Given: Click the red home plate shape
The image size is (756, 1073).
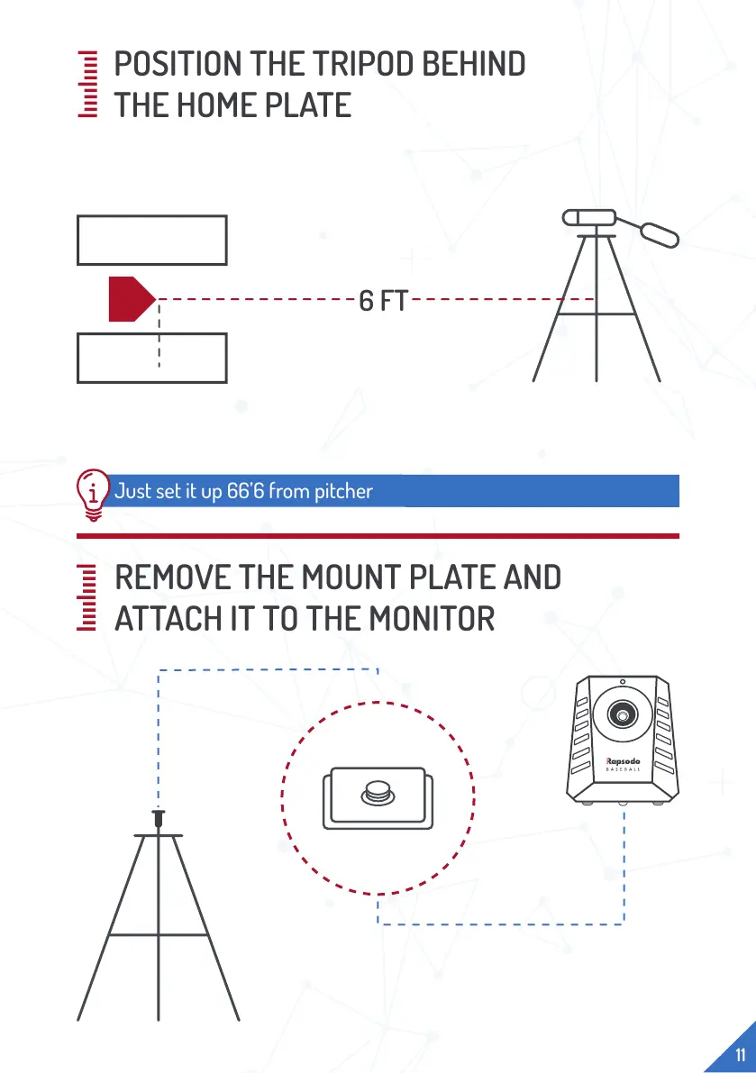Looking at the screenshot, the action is (x=130, y=299).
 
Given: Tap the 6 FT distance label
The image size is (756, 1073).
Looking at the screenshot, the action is (x=383, y=301).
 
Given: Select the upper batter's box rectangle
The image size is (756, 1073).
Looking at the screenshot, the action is (x=151, y=240).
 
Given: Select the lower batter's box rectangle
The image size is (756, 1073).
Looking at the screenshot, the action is (x=151, y=358).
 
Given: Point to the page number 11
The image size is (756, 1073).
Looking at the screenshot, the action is (x=740, y=1055).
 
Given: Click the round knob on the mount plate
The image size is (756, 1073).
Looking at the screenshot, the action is (x=378, y=793).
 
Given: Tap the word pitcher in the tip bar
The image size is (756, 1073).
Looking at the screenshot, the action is (x=345, y=492).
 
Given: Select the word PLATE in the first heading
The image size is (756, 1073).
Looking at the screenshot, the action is (x=305, y=106).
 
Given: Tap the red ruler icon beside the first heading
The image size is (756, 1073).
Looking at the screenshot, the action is (x=88, y=85).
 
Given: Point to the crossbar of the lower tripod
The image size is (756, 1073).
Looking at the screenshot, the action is (x=159, y=935).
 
